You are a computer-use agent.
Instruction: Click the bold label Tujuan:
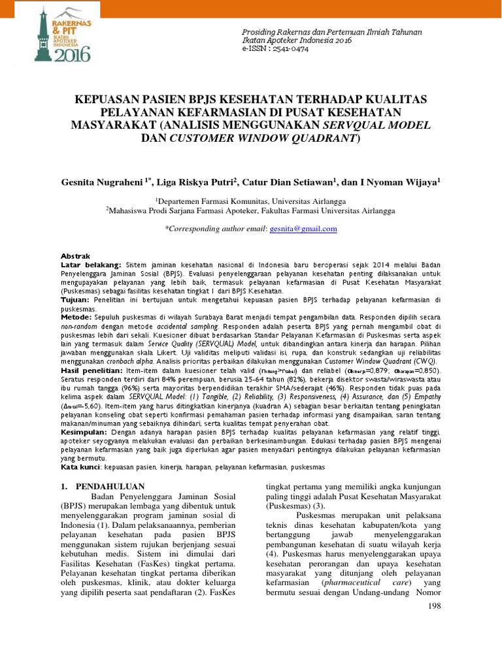[x=75, y=299]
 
